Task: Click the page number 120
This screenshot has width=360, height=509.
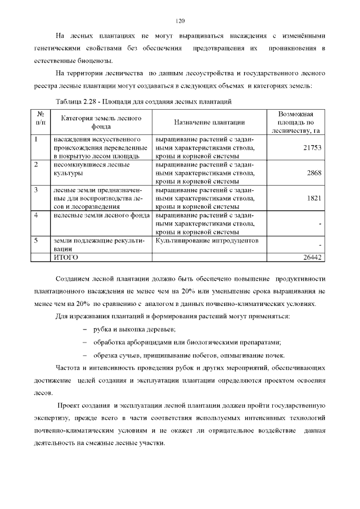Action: pos(180,21)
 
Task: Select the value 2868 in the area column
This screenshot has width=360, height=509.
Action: pos(314,173)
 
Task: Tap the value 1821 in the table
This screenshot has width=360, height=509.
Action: pos(314,199)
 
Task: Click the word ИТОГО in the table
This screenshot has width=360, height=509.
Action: pos(66,257)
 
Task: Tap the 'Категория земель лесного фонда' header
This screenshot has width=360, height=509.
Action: pos(101,122)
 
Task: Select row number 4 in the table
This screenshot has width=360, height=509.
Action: pos(36,215)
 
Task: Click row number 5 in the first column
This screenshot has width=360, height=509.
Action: pos(36,241)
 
